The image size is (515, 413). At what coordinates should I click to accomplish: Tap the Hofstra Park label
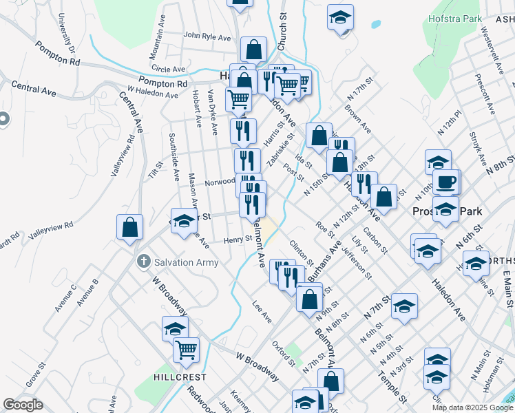point(454,19)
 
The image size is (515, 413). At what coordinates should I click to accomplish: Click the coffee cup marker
point(445,182)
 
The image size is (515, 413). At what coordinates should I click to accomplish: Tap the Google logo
point(23,405)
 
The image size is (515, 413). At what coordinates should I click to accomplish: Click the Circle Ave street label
point(169,69)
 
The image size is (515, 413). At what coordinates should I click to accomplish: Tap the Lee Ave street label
point(262,311)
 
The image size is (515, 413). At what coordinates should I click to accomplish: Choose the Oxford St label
point(283,352)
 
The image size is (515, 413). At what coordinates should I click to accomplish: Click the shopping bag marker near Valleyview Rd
point(129,226)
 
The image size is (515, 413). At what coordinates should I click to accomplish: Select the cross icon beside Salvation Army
point(143,262)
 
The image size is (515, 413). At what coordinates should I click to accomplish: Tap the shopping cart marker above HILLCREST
point(186,350)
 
